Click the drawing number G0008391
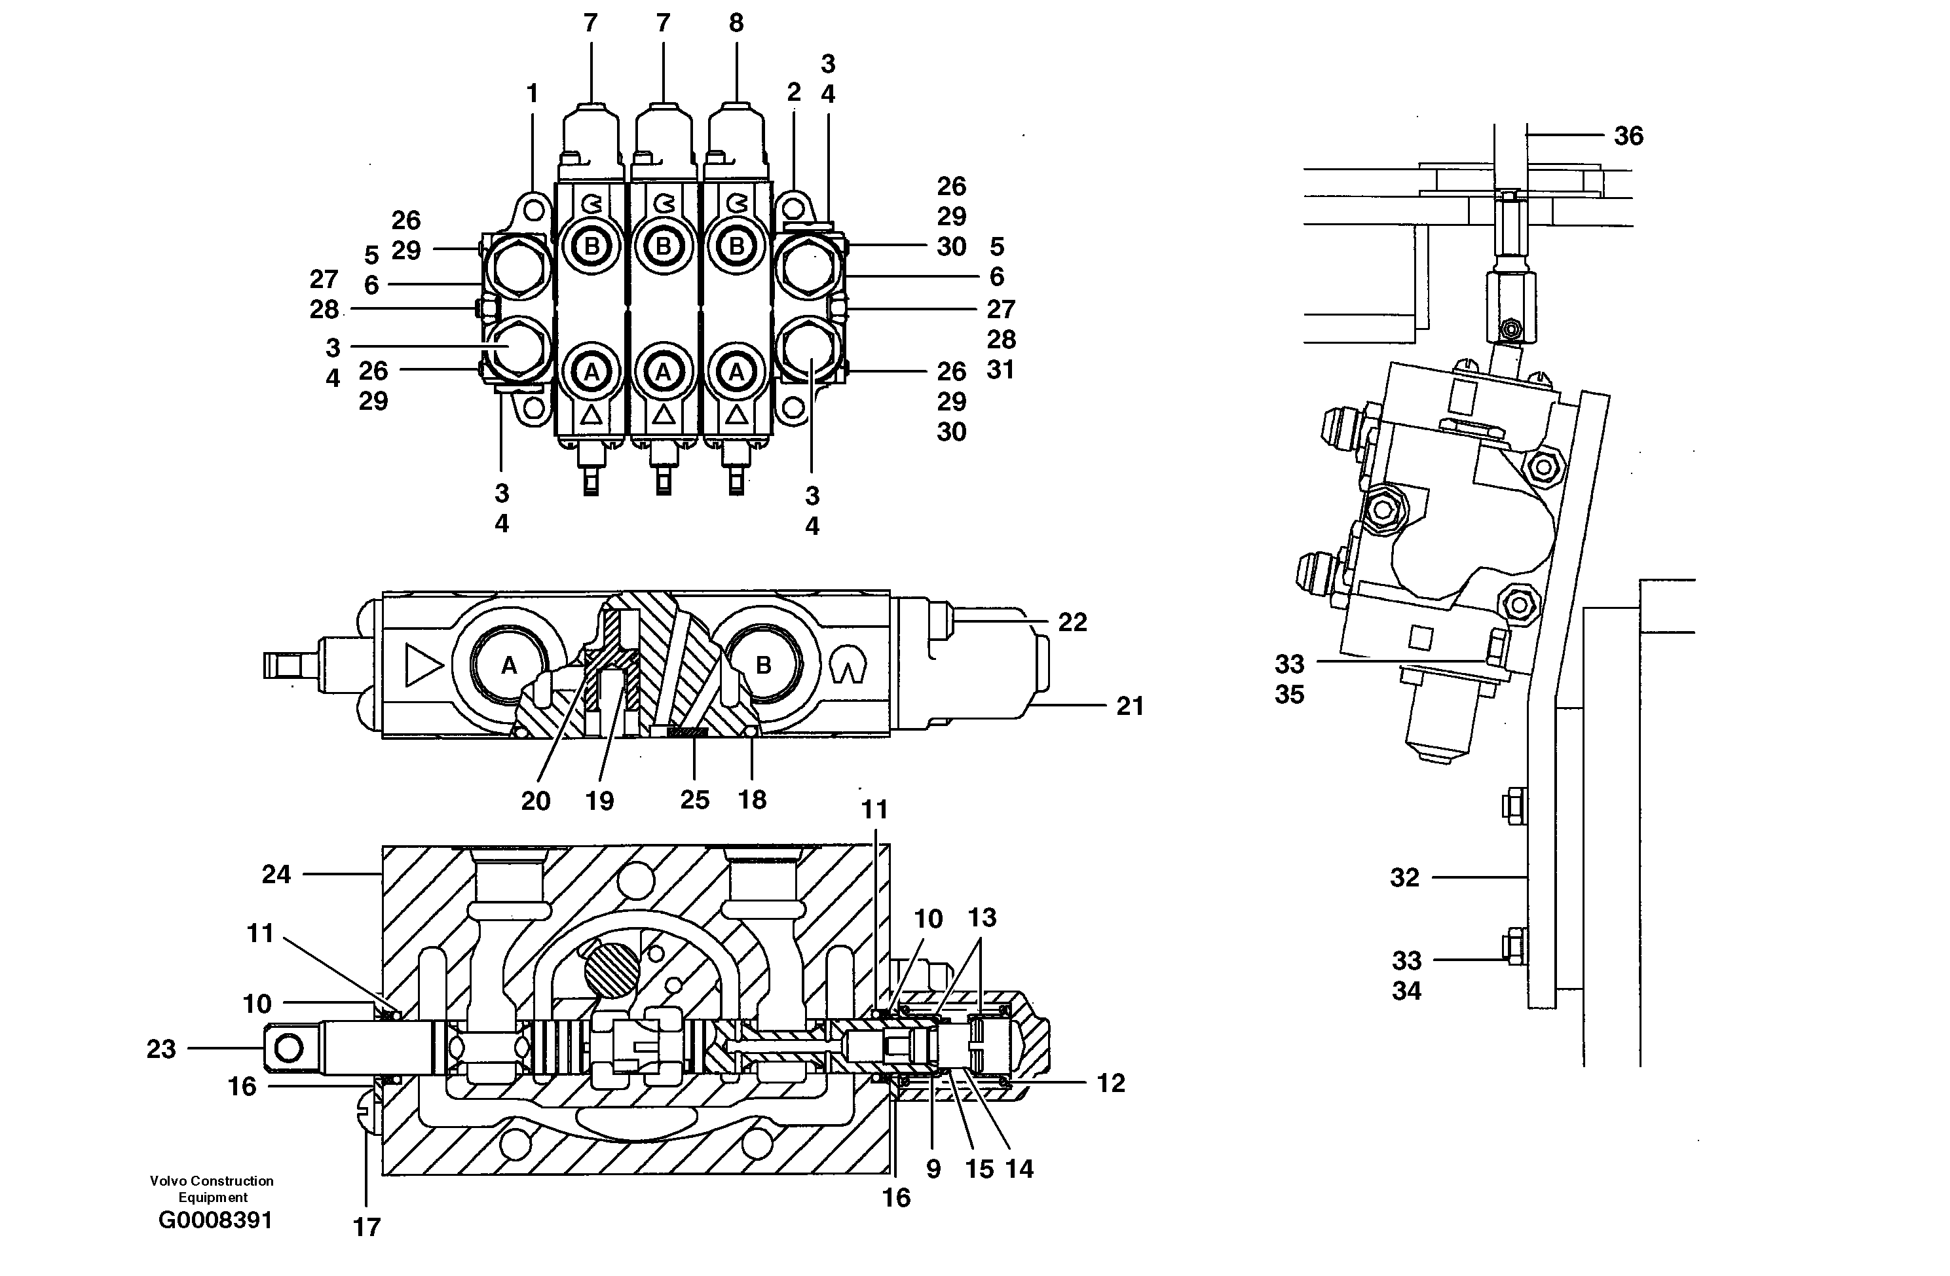[215, 1220]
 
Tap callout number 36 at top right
[1628, 136]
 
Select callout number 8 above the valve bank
[736, 23]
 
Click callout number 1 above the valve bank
[533, 94]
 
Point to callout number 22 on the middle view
[1072, 623]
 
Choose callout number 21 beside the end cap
[1130, 706]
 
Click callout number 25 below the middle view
[694, 799]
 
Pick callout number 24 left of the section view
[276, 875]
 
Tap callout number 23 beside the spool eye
[161, 1049]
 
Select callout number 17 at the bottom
[366, 1227]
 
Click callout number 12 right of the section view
[1110, 1084]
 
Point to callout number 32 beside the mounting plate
[1404, 878]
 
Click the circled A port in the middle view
[509, 666]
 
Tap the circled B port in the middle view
[763, 666]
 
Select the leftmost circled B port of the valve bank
[591, 246]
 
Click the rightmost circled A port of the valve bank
[736, 373]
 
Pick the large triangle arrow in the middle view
[422, 665]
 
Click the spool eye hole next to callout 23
[288, 1048]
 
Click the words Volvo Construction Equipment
[212, 1188]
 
